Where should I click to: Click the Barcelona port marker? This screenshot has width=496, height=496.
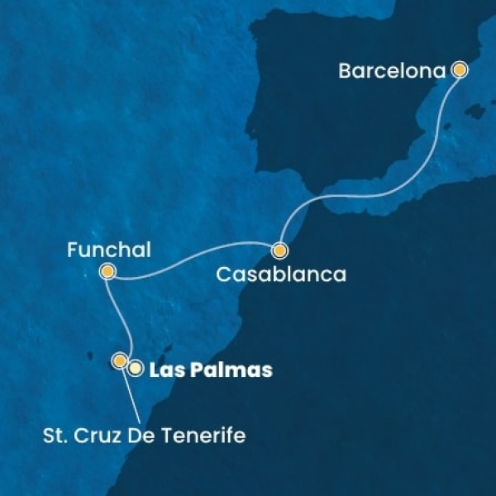460,70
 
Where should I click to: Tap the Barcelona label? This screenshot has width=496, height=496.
393,71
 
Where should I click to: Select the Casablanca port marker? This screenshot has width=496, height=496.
280,250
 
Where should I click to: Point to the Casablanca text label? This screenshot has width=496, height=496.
280,274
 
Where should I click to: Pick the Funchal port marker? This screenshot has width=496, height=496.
107,271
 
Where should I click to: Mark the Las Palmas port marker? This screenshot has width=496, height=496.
135,369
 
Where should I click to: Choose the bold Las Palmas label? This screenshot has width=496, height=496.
209,371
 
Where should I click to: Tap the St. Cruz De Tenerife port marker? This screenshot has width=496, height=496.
120,360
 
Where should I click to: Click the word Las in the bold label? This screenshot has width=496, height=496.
164,371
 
